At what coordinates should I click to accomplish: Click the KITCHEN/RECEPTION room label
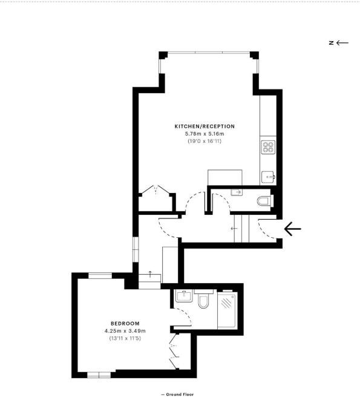click(204, 126)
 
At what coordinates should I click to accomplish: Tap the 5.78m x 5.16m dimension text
click(204, 133)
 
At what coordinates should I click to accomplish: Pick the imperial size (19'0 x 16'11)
click(204, 140)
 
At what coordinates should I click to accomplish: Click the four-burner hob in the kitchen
click(268, 147)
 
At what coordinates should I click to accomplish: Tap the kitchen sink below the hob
click(269, 176)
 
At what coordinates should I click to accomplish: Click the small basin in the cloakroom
click(236, 192)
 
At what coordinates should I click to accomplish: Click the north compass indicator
click(339, 42)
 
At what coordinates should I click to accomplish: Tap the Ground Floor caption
click(177, 394)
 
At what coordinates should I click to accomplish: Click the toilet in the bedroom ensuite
click(203, 301)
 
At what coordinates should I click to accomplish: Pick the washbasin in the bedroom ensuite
click(182, 298)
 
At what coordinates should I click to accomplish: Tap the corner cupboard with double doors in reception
click(156, 195)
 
